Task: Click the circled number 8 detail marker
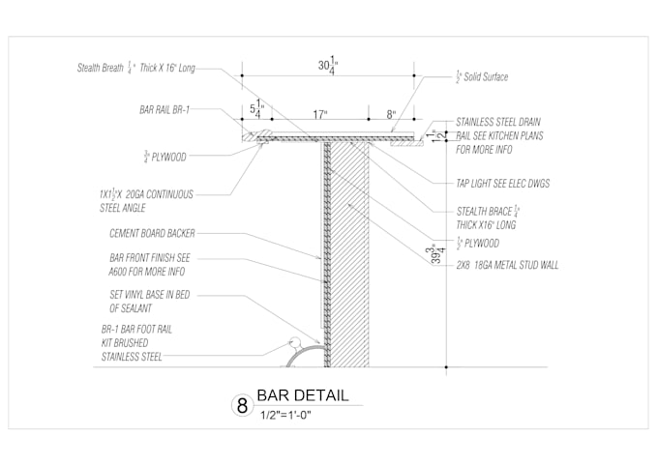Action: (x=240, y=405)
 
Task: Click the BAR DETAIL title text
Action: (x=302, y=396)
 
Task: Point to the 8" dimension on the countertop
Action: (x=391, y=113)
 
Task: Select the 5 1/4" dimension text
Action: (x=256, y=108)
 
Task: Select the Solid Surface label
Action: (x=481, y=76)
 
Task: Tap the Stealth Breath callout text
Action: (x=136, y=68)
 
